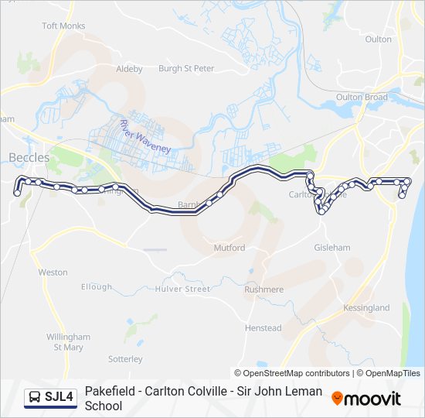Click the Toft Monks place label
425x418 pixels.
(x=63, y=26)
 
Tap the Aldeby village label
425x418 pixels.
(x=129, y=69)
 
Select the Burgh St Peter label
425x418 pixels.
(x=185, y=69)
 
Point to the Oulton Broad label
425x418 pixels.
(x=362, y=98)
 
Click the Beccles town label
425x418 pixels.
(x=29, y=158)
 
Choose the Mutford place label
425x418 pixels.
(x=229, y=248)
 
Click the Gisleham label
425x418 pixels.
(x=332, y=248)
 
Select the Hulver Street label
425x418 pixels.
(x=182, y=289)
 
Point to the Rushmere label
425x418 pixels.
(x=264, y=290)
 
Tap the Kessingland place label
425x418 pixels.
(x=365, y=308)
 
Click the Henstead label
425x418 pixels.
(x=263, y=328)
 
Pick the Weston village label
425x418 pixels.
(x=53, y=272)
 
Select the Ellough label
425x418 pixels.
(x=97, y=286)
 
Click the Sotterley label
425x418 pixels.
(x=125, y=359)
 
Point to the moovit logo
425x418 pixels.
(x=366, y=399)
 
